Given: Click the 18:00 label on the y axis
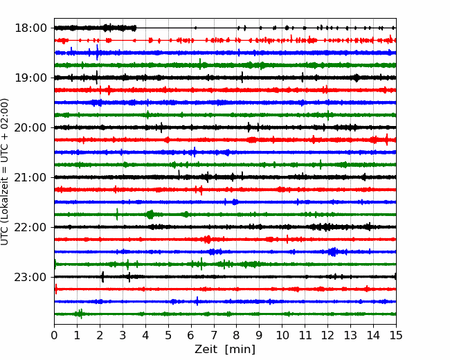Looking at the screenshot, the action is click(30, 28).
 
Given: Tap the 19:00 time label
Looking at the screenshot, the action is click(30, 78).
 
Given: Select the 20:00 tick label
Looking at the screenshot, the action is click(30, 127).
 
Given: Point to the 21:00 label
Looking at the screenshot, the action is click(30, 177).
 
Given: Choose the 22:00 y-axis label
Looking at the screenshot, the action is click(30, 227).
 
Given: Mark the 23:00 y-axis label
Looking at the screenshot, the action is click(30, 277).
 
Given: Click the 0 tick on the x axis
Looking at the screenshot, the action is click(54, 335).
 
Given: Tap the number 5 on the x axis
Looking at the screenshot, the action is click(168, 335).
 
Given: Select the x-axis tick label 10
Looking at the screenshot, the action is click(282, 335).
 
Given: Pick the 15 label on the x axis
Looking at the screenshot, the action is click(396, 335).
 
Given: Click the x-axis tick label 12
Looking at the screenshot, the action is click(327, 335).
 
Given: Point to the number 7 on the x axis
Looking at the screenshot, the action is click(214, 335).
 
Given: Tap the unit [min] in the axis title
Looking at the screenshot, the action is click(240, 350).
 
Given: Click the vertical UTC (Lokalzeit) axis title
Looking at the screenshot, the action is click(5, 172).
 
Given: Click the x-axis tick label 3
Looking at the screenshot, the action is click(123, 335).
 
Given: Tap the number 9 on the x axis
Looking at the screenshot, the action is click(260, 335).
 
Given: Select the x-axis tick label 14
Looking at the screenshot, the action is click(373, 335).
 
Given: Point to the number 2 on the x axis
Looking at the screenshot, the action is click(100, 335).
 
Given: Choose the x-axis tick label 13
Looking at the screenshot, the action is click(350, 335).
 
